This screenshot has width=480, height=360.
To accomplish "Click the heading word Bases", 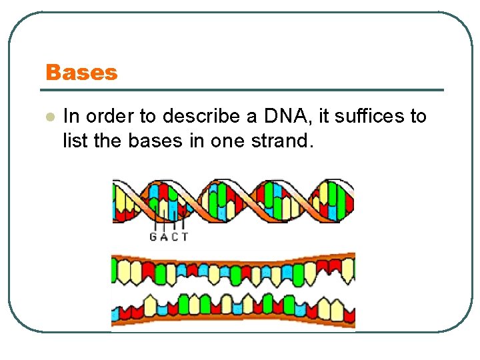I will tap(81, 73).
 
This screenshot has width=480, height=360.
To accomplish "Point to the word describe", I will tap(203, 117).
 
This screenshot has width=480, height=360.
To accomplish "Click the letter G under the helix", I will tap(153, 237).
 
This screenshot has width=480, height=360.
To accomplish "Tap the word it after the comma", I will tap(324, 117).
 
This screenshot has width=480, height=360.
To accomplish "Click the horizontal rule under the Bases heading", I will tap(244, 90).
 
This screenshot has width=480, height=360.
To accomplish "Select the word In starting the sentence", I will tap(70, 117).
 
